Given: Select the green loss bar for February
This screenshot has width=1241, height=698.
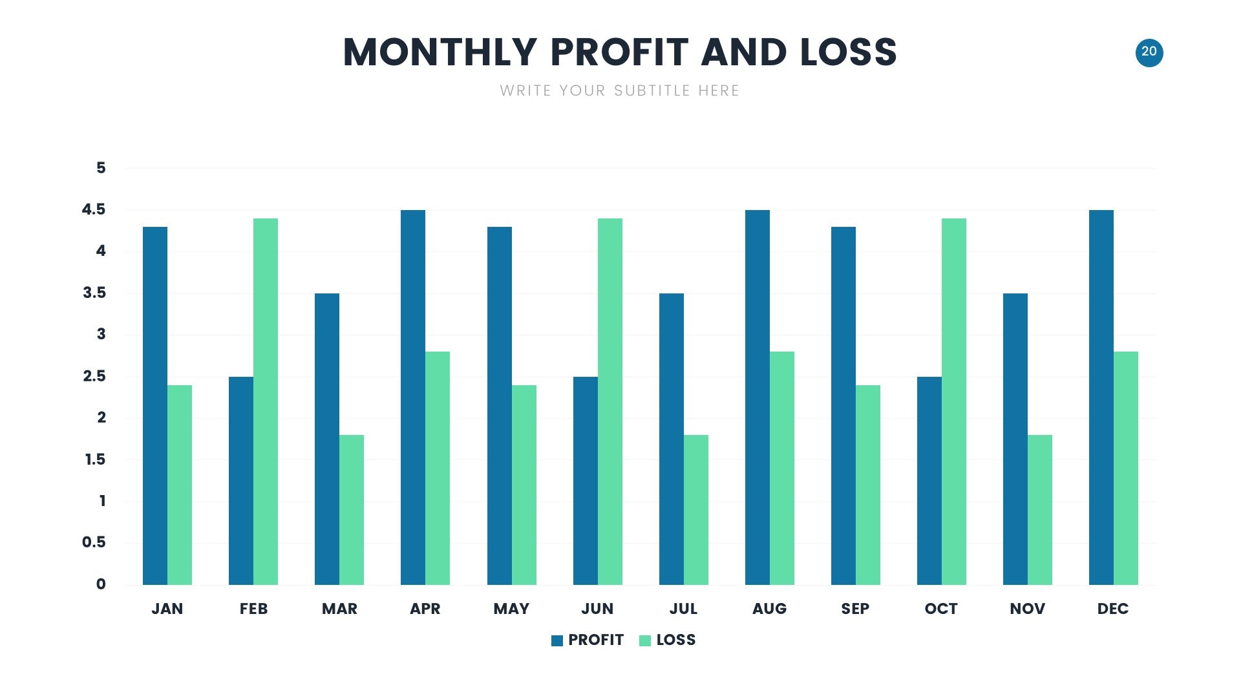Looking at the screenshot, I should coord(266,401).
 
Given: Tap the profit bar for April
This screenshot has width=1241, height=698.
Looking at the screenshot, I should coord(413,397).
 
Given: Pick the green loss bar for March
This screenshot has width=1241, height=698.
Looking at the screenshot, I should coord(352,510).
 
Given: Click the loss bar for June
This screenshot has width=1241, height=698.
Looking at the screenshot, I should coord(610,401).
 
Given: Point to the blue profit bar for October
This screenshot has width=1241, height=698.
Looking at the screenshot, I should coord(929,481).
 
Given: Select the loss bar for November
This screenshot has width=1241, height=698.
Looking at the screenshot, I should coord(1040,510).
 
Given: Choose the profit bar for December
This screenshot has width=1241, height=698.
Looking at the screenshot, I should coord(1101,397).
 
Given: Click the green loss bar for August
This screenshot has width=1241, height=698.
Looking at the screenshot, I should coord(782,468).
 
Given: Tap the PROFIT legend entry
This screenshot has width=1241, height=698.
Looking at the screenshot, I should coord(588,640).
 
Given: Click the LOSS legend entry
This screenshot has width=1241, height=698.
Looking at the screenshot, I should coord(668,640).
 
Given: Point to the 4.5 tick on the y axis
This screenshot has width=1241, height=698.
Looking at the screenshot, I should coord(94,209).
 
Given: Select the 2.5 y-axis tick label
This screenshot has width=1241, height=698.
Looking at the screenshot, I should coord(94,376).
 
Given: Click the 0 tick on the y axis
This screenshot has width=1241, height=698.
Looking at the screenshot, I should coord(101,584).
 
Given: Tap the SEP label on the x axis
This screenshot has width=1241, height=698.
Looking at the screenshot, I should coord(855,609).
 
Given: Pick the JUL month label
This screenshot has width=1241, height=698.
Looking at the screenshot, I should coord(683,609).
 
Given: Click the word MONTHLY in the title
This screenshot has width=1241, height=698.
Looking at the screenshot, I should coord(440,52).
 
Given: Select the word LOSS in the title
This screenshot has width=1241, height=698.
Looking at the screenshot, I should coord(849,52).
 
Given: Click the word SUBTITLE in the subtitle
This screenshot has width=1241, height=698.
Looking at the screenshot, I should coord(652,90).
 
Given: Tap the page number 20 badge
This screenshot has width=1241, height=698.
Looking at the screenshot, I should coord(1149,52).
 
